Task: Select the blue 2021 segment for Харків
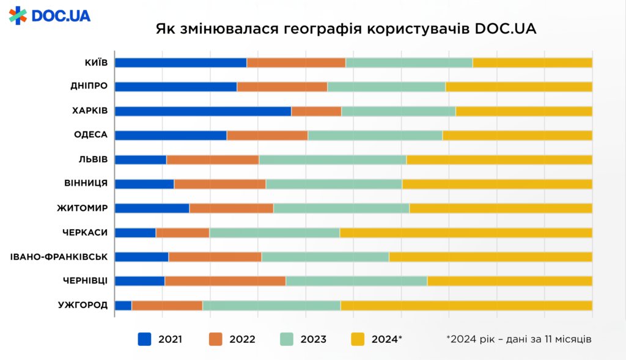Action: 203,111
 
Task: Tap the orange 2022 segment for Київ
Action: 296,62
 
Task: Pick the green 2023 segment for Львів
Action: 333,160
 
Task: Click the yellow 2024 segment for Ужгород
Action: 466,306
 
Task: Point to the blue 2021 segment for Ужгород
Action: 123,306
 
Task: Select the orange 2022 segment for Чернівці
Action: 225,281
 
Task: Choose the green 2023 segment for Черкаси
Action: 274,232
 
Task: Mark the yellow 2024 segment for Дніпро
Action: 518,86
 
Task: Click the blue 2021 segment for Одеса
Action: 171,135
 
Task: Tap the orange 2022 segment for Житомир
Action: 231,208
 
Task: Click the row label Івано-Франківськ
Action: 59,257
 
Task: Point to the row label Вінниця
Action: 86,183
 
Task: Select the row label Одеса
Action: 92,135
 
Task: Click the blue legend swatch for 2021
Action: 144,339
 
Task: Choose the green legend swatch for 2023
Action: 287,339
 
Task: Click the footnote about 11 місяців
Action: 518,339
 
